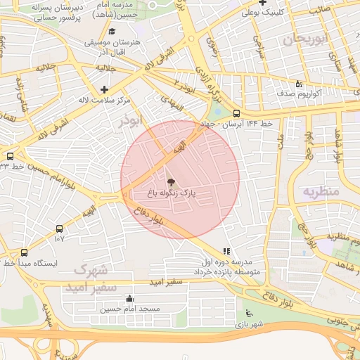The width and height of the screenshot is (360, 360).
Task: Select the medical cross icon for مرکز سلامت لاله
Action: coord(105,89)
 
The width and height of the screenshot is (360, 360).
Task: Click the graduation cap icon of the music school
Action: coord(112,31)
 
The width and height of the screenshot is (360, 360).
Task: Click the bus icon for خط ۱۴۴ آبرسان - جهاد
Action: coord(236,112)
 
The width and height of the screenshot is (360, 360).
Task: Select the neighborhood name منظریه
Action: coord(321,191)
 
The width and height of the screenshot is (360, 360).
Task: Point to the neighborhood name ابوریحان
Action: coord(307,40)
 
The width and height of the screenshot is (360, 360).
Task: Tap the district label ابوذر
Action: coord(129,121)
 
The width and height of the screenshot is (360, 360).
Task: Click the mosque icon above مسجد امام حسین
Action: coord(129,298)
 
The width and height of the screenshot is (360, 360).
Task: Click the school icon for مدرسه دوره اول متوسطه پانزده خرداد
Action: coord(226,251)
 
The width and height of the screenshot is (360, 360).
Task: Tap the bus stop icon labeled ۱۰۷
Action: coord(59,229)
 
